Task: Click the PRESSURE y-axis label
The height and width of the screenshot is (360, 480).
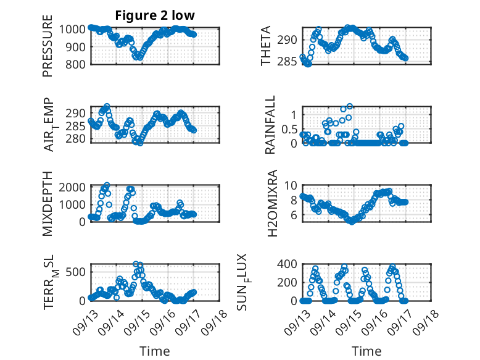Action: pos(48,51)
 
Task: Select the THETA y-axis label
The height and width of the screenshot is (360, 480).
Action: pos(266,46)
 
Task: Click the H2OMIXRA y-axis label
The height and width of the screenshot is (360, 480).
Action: pos(266,203)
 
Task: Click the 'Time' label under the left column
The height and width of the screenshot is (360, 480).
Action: pos(155,351)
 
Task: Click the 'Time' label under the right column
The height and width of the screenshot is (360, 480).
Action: pos(366,351)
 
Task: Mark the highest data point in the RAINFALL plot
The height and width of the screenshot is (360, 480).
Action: pos(349,107)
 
